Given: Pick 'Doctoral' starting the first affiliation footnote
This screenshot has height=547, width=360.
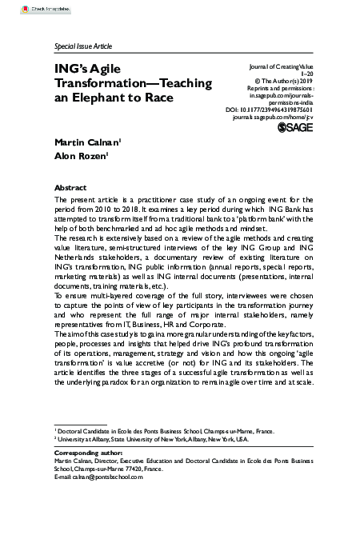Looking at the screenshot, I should pyautogui.click(x=72, y=430).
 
